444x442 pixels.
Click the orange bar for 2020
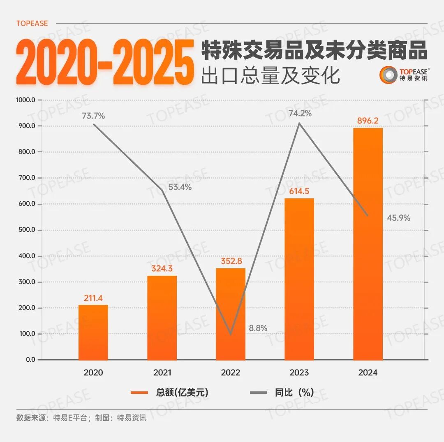[x=93, y=333]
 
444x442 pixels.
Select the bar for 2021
[x=162, y=318]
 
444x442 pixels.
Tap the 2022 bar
[x=230, y=314]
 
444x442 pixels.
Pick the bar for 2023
[x=299, y=279]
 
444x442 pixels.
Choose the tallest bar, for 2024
[x=368, y=244]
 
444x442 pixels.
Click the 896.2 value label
[x=368, y=121]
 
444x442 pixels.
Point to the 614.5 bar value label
[x=299, y=191]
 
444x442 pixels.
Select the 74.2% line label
[x=300, y=113]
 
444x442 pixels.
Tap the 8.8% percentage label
[x=258, y=328]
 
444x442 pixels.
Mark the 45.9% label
[x=398, y=218]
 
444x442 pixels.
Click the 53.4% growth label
[x=180, y=187]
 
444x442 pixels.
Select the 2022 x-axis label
[x=230, y=373]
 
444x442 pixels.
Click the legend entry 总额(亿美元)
[x=169, y=393]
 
